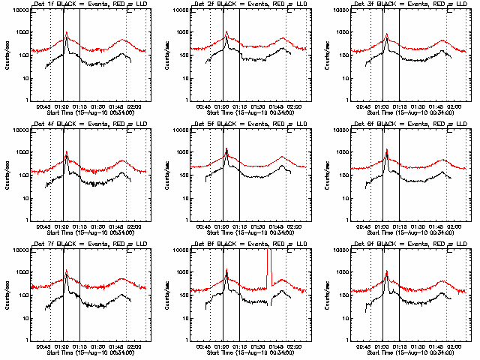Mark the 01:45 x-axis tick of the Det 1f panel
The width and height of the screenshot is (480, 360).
point(116,106)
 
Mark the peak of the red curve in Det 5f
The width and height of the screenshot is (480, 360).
point(226,148)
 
